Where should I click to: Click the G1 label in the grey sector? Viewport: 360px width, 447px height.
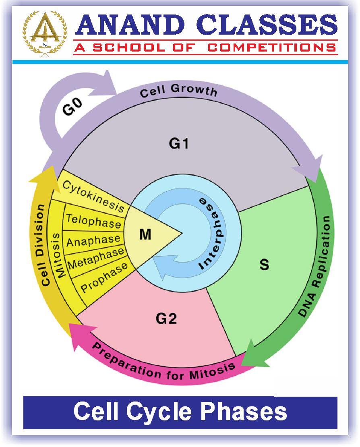click(179, 143)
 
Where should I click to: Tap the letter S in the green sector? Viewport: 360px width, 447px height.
click(264, 265)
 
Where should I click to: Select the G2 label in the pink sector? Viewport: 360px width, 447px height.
click(166, 319)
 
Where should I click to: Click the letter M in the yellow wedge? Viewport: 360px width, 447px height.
click(145, 235)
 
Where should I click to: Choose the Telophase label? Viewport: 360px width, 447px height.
click(93, 221)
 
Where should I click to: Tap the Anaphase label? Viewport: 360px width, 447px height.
click(93, 240)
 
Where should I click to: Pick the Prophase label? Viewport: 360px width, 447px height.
click(104, 277)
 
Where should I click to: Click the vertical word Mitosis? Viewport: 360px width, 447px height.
click(60, 254)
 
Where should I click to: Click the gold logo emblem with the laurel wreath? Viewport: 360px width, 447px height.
click(42, 32)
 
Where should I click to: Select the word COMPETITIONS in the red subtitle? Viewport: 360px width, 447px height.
click(272, 48)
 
